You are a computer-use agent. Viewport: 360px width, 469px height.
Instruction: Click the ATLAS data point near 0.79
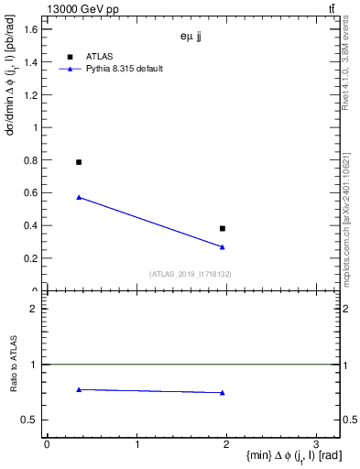pos(79,162)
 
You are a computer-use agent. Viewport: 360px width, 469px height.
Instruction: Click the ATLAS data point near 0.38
pos(223,228)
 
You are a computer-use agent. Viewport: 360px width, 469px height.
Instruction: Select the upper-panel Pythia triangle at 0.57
pos(79,197)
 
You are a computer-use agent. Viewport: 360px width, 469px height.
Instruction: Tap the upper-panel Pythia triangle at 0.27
pos(223,246)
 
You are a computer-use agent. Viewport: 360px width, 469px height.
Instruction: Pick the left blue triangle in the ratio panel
pos(79,389)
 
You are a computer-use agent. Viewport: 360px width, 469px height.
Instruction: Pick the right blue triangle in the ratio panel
pos(223,393)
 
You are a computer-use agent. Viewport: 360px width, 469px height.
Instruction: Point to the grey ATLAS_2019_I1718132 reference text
pos(191,274)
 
